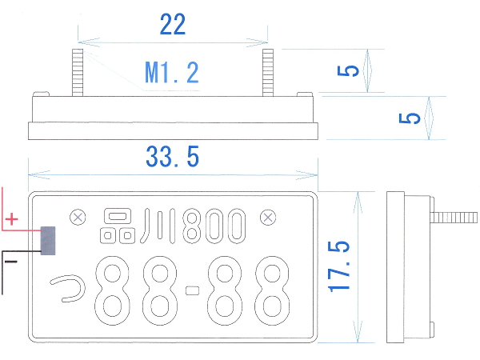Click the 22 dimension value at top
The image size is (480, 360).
pos(173,24)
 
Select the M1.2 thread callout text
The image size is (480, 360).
pos(172,73)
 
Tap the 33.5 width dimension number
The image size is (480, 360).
pos(173,157)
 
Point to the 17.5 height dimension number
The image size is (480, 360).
pos(338,266)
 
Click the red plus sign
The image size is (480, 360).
pos(12,219)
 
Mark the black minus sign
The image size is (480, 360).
pos(11,262)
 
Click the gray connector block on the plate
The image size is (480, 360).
pos(48,241)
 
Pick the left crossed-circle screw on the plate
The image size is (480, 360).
pos(78,218)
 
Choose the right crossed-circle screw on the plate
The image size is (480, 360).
pos(268,218)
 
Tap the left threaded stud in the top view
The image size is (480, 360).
pos(78,73)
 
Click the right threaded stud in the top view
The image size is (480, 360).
pos(268,73)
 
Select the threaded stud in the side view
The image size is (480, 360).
pos(454,218)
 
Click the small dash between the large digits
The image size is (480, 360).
pos(193,290)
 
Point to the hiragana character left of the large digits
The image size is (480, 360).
pos(68,288)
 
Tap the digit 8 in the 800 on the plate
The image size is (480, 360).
pos(192,226)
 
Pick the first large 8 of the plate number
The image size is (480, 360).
pos(112,290)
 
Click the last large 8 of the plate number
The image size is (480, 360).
pos(272,290)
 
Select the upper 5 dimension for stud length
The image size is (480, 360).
pos(348,70)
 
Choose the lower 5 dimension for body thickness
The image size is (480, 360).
pos(410,118)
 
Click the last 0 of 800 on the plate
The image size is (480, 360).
pos(236,226)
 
